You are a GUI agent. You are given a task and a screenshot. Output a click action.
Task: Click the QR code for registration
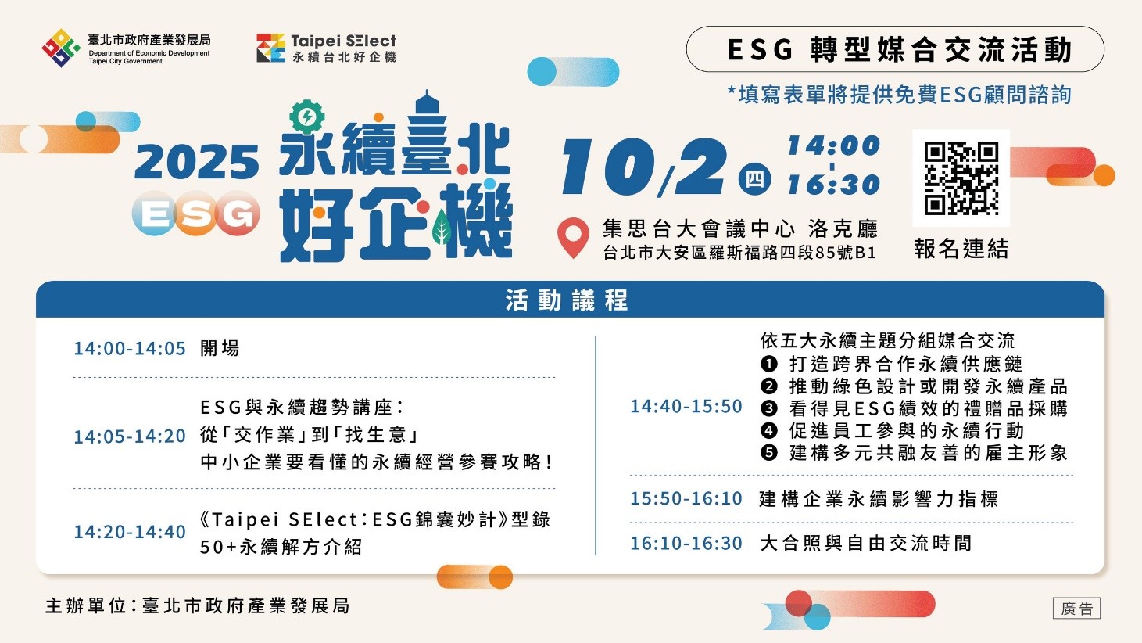pos(961,178)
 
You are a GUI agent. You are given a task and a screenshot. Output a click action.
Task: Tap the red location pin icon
pos(573,237)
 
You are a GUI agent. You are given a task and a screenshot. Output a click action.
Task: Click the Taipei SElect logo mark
pos(270,48)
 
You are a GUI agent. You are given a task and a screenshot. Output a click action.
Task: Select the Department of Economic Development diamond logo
pos(61,48)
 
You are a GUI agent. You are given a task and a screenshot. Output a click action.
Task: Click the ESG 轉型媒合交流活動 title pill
pos(895,49)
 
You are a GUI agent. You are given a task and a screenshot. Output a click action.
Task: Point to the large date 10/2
pos(643,167)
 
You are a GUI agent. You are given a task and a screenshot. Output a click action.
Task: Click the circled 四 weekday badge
pos(754,179)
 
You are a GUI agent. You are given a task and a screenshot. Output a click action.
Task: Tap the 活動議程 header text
pos(567,300)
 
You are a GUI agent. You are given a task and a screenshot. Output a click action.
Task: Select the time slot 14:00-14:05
pos(130,348)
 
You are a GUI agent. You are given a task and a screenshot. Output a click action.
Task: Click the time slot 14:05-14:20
pos(130,436)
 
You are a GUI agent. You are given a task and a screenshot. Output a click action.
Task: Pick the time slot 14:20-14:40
pos(130,532)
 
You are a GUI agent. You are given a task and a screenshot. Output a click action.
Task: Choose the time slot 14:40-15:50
pos(686,407)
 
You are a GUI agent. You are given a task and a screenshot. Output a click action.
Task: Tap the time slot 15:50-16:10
pos(686,499)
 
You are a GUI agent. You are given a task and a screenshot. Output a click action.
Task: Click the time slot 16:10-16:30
pos(686,544)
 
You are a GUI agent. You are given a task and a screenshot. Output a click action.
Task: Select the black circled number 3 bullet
pos(769,408)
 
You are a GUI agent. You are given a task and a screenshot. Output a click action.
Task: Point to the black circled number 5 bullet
pos(769,453)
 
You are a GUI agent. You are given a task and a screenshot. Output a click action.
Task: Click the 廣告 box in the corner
pos(1076,609)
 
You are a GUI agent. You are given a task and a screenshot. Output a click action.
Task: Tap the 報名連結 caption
pos(961,249)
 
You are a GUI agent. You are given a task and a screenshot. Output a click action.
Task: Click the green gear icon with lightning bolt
pos(306,117)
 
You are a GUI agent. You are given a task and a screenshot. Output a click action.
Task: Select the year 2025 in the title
pos(196,162)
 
